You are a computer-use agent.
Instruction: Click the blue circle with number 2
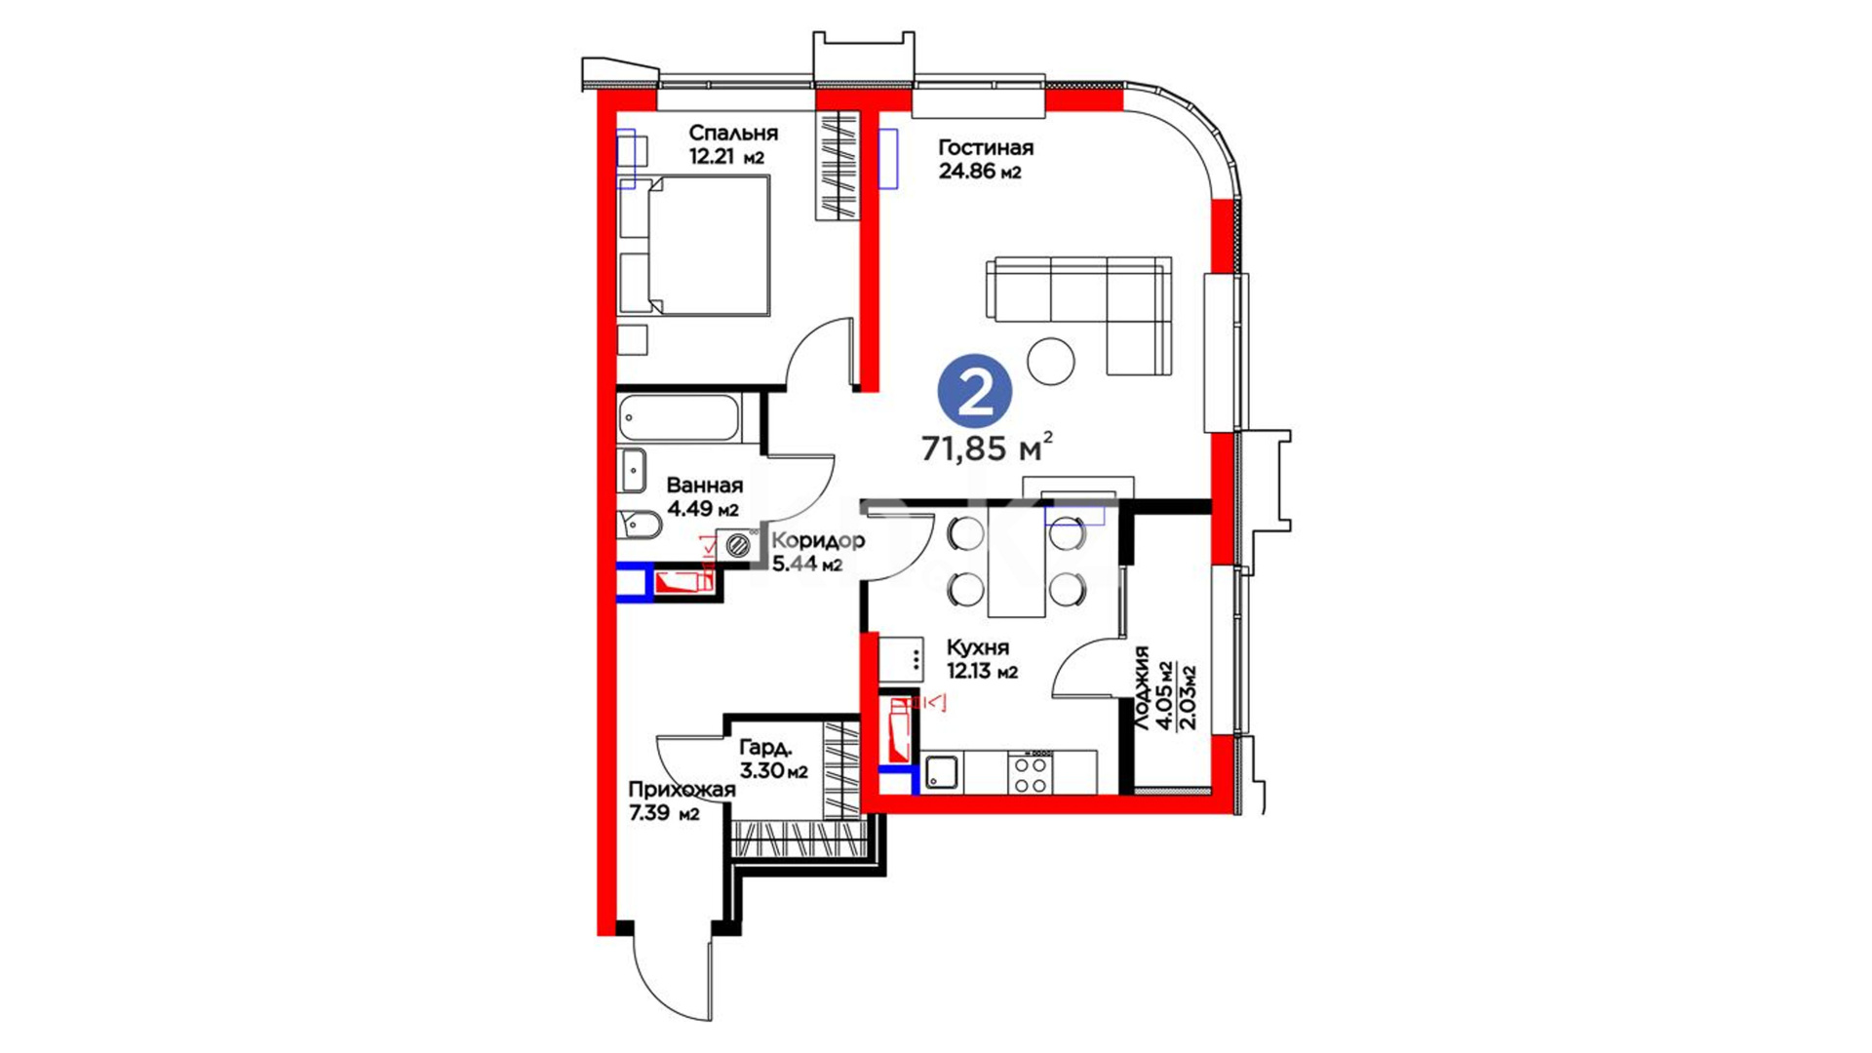click(974, 390)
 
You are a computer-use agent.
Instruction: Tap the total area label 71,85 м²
click(988, 448)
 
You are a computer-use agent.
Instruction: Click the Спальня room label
click(733, 133)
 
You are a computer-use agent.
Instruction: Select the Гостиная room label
click(986, 148)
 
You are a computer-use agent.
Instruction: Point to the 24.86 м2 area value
click(980, 173)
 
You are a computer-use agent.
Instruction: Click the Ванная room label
click(705, 486)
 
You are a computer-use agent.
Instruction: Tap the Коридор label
click(818, 541)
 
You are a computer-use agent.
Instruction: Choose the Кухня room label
click(978, 647)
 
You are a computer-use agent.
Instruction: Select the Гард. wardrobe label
click(766, 748)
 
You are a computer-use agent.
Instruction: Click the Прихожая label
click(682, 791)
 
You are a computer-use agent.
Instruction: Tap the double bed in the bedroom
click(694, 246)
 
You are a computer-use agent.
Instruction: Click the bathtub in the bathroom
click(680, 419)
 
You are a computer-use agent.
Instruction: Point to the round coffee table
click(1051, 361)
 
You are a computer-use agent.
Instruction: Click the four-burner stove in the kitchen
click(1030, 774)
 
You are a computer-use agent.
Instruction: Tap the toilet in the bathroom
click(640, 526)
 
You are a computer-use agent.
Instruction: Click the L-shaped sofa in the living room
click(1079, 315)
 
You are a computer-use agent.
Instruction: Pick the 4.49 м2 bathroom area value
click(703, 509)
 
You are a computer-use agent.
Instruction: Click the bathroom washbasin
click(633, 471)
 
